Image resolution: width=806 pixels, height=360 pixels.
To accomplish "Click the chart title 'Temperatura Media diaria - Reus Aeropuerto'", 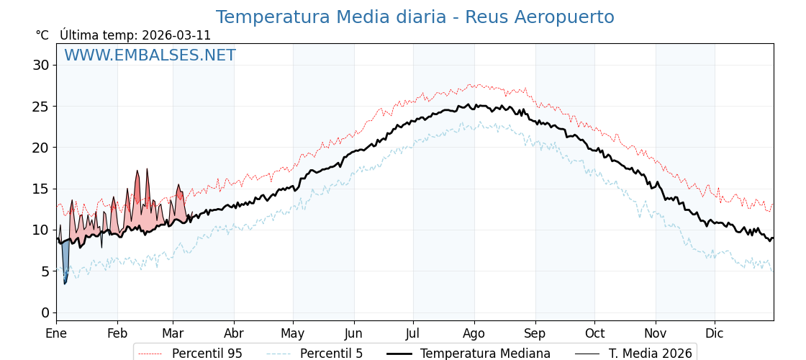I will click(x=415, y=17).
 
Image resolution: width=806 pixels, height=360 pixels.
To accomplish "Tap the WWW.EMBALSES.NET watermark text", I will click(x=150, y=55).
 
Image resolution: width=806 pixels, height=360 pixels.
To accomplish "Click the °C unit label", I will click(x=42, y=35).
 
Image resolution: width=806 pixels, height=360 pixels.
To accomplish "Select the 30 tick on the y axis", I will click(x=41, y=66).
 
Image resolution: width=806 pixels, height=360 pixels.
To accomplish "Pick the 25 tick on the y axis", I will click(x=41, y=107).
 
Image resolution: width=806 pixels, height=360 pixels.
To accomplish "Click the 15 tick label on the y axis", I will click(x=41, y=189).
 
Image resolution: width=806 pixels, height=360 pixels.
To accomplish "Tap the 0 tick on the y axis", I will click(x=45, y=312).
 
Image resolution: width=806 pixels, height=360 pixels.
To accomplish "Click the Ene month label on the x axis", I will click(x=56, y=333).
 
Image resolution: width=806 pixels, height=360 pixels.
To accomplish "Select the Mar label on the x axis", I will click(x=173, y=333).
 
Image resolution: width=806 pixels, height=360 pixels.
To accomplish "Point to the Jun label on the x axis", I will click(x=353, y=333).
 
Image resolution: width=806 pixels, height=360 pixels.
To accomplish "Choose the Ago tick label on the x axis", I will click(x=474, y=333).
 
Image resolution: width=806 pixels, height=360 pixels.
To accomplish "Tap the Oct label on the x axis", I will click(x=594, y=333).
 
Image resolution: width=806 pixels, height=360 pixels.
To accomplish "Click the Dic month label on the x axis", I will click(x=715, y=333).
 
